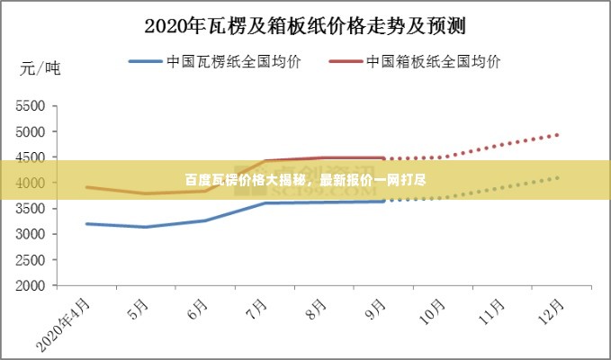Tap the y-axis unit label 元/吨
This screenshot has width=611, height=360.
(x=40, y=68)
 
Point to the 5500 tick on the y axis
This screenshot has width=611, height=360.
(x=30, y=105)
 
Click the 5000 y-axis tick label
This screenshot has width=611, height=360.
(x=30, y=131)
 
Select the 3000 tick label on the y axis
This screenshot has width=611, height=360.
(x=30, y=234)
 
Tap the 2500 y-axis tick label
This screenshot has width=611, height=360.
(x=30, y=260)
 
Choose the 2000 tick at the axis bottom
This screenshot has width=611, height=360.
(x=30, y=286)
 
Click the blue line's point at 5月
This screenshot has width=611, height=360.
(x=146, y=227)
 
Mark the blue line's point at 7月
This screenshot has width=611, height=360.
(x=265, y=202)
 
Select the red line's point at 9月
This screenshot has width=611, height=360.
(x=383, y=157)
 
